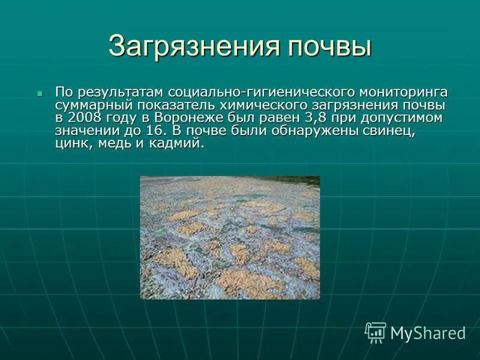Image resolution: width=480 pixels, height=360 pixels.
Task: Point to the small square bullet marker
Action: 40,94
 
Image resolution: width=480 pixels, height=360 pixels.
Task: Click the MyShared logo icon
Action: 376,332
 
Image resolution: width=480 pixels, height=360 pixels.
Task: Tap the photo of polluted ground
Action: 230,237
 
